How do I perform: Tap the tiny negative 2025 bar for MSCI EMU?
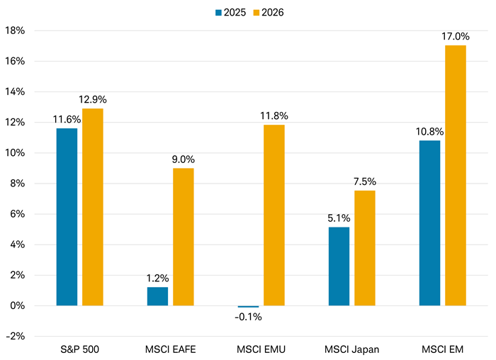click(x=249, y=307)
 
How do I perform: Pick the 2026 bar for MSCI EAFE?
click(x=183, y=237)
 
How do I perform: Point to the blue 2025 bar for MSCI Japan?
click(x=339, y=266)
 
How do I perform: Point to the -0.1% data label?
click(x=249, y=317)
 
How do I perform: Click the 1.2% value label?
click(x=157, y=278)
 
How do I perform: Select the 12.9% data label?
click(x=93, y=99)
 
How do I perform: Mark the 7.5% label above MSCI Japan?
click(x=365, y=181)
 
